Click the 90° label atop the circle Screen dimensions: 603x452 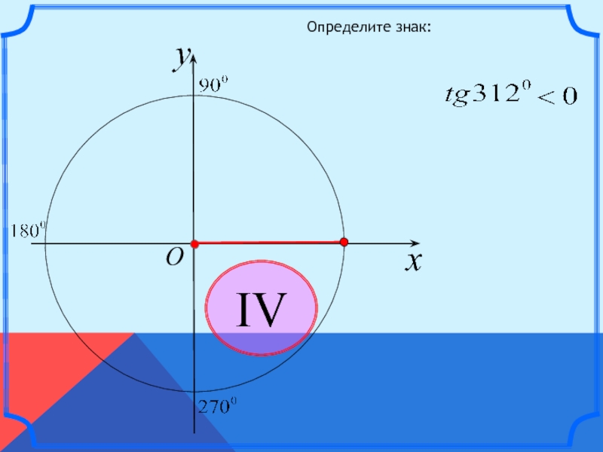click(212, 84)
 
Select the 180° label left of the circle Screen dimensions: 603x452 click(29, 230)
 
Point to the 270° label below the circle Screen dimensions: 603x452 click(218, 408)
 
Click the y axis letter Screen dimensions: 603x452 click(180, 57)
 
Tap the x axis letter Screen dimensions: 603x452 click(412, 261)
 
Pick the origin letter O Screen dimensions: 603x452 click(174, 258)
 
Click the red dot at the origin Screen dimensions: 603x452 click(194, 244)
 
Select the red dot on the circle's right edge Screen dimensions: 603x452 click(344, 242)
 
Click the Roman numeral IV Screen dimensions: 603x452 click(262, 310)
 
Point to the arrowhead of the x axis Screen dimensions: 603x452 click(415, 243)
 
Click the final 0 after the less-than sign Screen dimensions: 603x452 click(568, 97)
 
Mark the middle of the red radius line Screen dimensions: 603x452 click(268, 243)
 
